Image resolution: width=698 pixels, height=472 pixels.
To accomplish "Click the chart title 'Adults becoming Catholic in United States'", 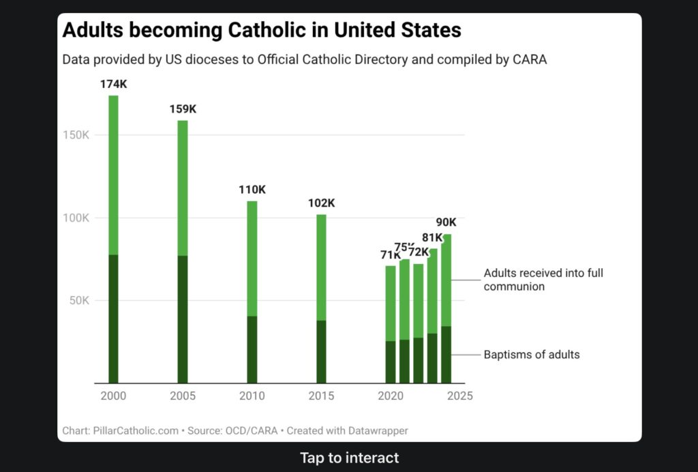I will coord(262,31).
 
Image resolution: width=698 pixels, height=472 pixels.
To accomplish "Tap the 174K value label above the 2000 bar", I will coord(113,84).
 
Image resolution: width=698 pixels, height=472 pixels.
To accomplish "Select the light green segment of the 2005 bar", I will coord(183,188).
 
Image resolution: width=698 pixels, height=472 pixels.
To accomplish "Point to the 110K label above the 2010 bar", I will coord(252,190).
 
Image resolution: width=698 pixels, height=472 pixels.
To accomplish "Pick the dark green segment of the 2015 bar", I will coord(321,351).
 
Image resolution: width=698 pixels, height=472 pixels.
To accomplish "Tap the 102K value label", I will coord(321,203).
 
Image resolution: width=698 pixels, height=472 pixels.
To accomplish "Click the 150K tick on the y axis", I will coord(77,135).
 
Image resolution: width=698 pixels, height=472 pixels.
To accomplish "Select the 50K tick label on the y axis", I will coord(80,301).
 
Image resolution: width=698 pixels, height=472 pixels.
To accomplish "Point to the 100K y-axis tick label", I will coord(77,218).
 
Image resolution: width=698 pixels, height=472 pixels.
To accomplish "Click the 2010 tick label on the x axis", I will coord(252,396).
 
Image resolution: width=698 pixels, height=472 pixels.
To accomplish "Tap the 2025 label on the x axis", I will coord(460,396).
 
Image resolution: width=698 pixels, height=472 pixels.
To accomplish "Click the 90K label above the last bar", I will coord(446,222).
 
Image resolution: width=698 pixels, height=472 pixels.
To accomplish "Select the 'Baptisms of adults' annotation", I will coord(532,355).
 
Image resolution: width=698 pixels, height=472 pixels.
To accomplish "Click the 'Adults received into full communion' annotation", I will coord(543,280).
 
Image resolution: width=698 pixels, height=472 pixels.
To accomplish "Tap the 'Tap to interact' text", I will coord(349,458).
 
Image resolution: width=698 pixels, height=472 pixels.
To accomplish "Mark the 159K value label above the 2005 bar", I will coord(183,109).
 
